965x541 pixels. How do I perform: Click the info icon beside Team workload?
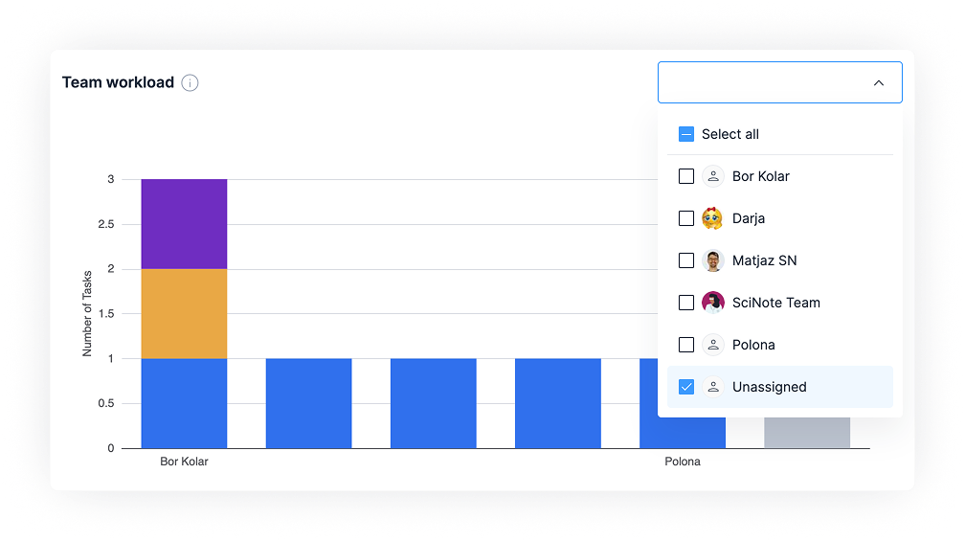[190, 82]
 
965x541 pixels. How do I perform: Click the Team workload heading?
[118, 82]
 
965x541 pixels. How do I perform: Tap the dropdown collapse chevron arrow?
[878, 82]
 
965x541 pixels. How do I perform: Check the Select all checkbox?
[686, 134]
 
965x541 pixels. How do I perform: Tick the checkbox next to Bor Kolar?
[686, 176]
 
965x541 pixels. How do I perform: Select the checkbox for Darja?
[686, 218]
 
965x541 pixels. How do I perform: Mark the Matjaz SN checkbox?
[686, 260]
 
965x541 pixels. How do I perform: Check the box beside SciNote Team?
[686, 303]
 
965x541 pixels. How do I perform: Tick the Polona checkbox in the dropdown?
[686, 345]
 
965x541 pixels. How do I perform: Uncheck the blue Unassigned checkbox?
[686, 387]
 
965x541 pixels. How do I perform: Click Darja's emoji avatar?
[712, 218]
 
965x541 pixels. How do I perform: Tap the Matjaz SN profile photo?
[712, 260]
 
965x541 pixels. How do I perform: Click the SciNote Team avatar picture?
[712, 303]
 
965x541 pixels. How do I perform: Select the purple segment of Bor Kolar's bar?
[184, 224]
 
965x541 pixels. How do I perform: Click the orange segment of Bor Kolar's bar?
[184, 314]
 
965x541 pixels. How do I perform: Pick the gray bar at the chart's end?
[807, 433]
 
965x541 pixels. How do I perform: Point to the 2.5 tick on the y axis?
[106, 224]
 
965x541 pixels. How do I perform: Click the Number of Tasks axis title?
[87, 314]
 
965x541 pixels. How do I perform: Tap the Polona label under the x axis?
[683, 462]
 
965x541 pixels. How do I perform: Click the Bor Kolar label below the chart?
[184, 462]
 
